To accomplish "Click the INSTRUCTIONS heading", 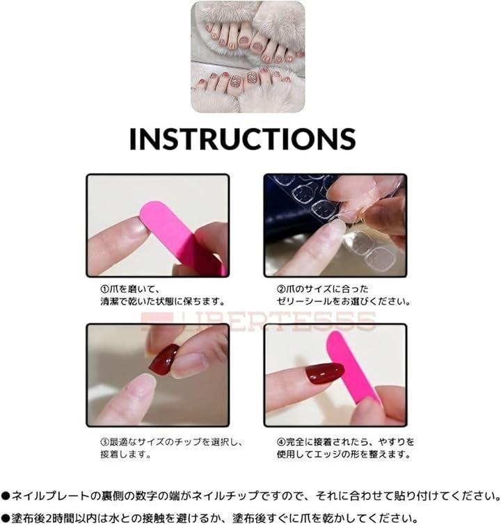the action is pyautogui.click(x=242, y=138).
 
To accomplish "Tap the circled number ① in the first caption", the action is pyautogui.click(x=105, y=289).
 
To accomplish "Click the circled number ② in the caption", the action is pyautogui.click(x=281, y=289).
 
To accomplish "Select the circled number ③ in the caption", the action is pyautogui.click(x=105, y=442).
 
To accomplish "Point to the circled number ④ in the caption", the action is pyautogui.click(x=281, y=442).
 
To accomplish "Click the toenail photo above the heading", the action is pyautogui.click(x=248, y=56).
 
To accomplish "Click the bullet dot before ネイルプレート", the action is pyautogui.click(x=6, y=496).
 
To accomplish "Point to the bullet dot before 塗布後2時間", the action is pyautogui.click(x=6, y=518).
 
